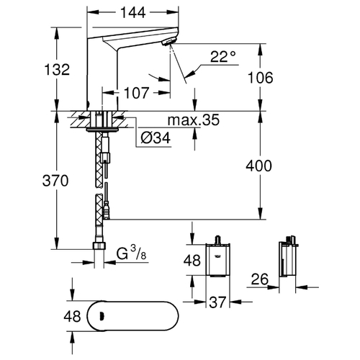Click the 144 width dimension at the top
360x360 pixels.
click(x=133, y=12)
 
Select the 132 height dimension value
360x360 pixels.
click(x=57, y=70)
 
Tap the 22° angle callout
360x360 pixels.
click(x=223, y=57)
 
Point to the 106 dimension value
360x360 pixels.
click(x=261, y=78)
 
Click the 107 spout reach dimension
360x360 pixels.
click(x=137, y=93)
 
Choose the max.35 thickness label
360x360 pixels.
click(x=194, y=120)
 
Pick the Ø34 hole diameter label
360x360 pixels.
click(x=156, y=138)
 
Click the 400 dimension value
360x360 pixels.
click(x=258, y=166)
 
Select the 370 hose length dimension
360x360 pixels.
click(x=55, y=181)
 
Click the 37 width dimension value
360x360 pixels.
click(x=217, y=302)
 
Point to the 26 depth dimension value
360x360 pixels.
click(x=260, y=279)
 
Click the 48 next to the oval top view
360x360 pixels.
click(x=72, y=316)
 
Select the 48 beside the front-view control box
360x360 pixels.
click(x=192, y=261)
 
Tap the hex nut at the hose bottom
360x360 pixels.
click(x=99, y=246)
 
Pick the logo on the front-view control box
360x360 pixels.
click(x=217, y=255)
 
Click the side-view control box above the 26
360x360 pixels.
click(x=288, y=260)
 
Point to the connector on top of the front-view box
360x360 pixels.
click(x=218, y=240)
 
